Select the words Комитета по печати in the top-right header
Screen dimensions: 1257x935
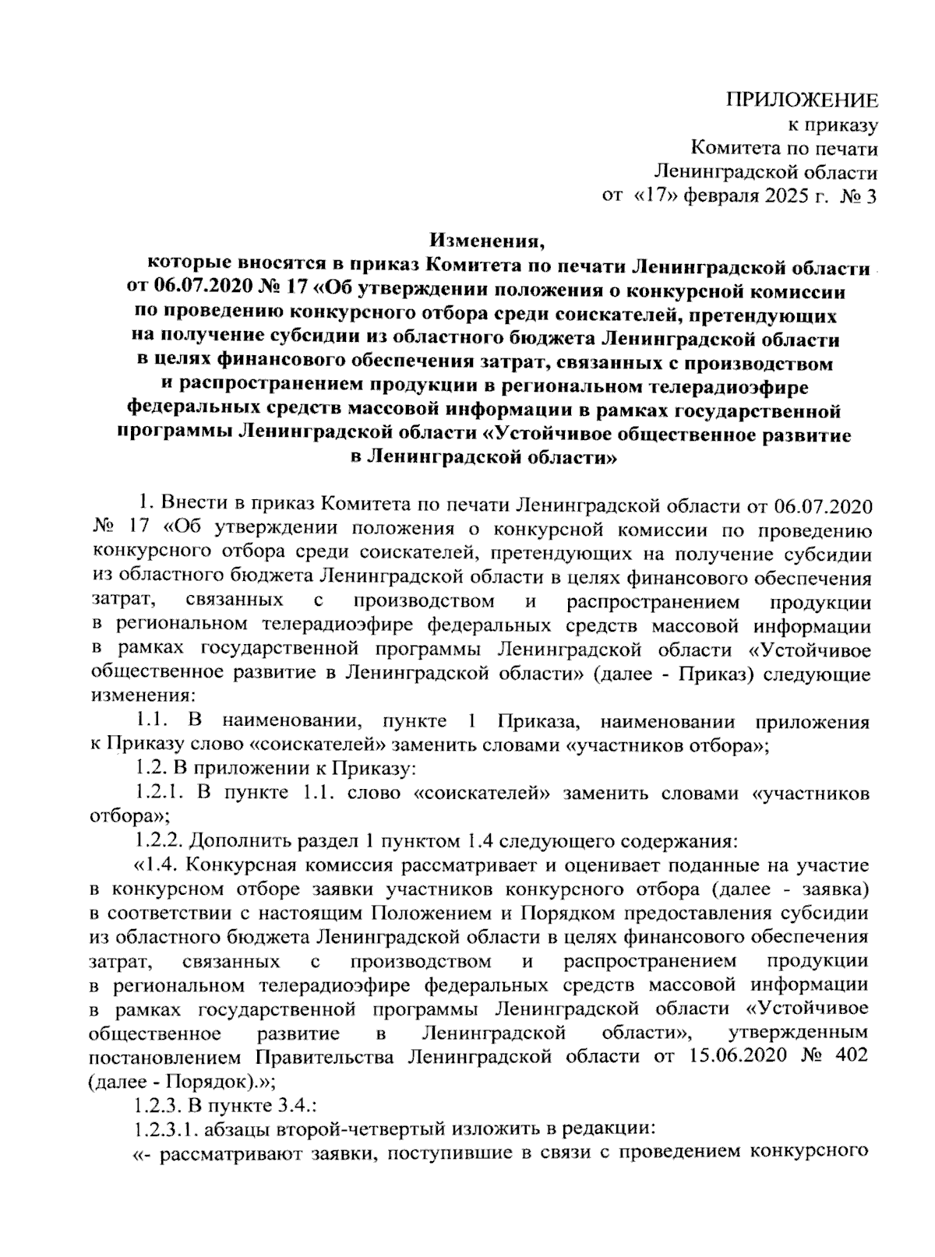pos(785,148)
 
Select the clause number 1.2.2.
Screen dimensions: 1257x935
pos(159,841)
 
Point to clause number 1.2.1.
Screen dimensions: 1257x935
pos(159,794)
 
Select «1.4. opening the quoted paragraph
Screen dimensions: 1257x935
pos(157,865)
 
